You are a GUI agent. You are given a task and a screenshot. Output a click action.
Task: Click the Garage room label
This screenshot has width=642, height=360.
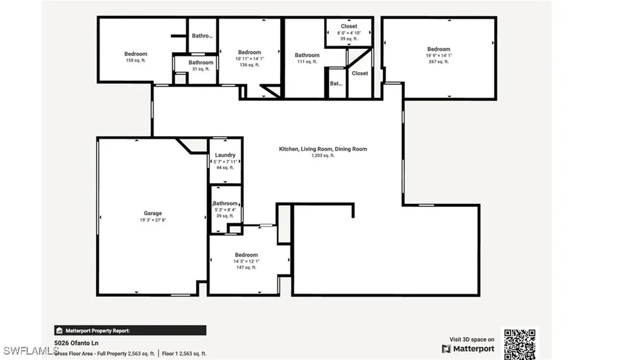coord(152,213)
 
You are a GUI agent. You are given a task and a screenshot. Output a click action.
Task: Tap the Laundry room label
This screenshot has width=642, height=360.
coord(225,155)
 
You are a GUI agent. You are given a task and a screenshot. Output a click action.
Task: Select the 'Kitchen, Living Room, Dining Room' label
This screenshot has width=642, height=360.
coord(323,149)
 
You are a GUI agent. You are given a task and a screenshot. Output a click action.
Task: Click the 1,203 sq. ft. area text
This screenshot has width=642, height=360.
coord(323,156)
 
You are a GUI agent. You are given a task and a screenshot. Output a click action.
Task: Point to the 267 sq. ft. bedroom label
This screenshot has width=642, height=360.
coord(438,61)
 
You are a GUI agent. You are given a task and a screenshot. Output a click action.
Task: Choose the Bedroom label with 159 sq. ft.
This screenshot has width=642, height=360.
coord(135,54)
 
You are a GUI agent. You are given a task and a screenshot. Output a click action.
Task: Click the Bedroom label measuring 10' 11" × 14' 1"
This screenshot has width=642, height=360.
coord(250,52)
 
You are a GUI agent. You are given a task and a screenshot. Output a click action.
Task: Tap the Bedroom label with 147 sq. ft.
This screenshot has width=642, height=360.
coord(246,255)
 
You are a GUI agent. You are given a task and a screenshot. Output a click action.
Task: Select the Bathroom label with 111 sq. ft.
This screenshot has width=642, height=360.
coord(307,55)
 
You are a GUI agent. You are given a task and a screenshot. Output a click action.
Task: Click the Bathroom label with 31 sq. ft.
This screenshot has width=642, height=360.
coord(201,62)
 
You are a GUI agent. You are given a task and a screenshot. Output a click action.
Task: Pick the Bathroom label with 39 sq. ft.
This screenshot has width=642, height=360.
coord(225,203)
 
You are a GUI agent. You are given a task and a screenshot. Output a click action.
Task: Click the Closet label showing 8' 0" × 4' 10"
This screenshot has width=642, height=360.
coord(349,26)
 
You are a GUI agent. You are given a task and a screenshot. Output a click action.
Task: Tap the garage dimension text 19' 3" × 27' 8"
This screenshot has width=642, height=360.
coord(152,221)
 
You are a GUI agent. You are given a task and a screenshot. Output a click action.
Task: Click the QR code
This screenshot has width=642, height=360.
coord(520,343)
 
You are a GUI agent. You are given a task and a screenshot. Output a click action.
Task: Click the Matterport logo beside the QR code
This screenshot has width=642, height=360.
coord(468,349)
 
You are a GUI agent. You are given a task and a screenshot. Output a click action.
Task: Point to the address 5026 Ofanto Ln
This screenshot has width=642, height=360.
coord(76,343)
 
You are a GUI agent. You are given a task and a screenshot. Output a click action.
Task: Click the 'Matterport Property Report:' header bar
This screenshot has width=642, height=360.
coord(130,331)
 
